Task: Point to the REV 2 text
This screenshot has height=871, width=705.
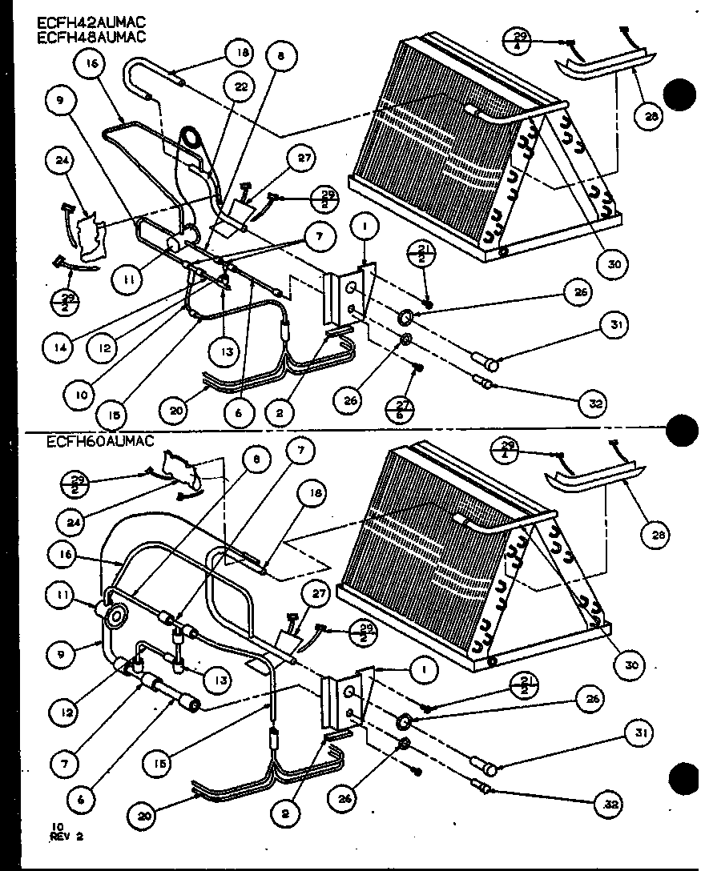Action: click(68, 838)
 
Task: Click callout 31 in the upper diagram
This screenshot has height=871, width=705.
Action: click(616, 326)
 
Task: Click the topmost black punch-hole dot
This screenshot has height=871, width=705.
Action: click(682, 95)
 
